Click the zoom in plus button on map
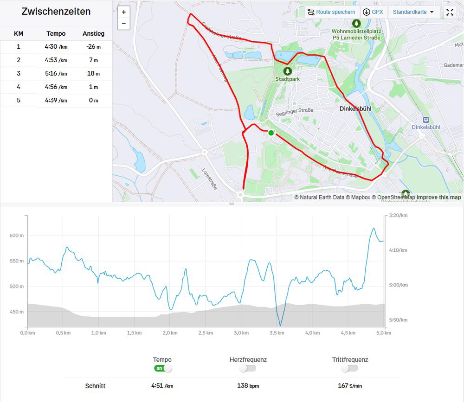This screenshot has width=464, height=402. click(124, 12)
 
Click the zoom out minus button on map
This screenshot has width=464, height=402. click(124, 24)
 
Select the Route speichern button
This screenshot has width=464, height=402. click(331, 12)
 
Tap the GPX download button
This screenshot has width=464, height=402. click(373, 12)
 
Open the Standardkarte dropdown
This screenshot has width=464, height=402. click(413, 12)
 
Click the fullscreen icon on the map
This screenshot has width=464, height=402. click(450, 12)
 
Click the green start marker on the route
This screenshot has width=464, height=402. click(271, 133)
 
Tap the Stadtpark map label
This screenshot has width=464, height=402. click(288, 79)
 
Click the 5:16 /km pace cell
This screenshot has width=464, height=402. click(56, 73)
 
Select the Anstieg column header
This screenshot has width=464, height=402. click(93, 33)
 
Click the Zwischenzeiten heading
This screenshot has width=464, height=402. click(56, 12)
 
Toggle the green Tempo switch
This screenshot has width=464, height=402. click(163, 368)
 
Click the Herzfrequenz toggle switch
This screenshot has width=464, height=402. click(248, 368)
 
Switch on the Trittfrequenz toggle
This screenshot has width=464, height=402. click(349, 368)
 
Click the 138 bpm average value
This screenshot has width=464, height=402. click(248, 386)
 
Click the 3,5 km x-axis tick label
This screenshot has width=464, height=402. click(277, 333)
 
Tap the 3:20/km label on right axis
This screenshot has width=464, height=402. click(398, 216)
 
